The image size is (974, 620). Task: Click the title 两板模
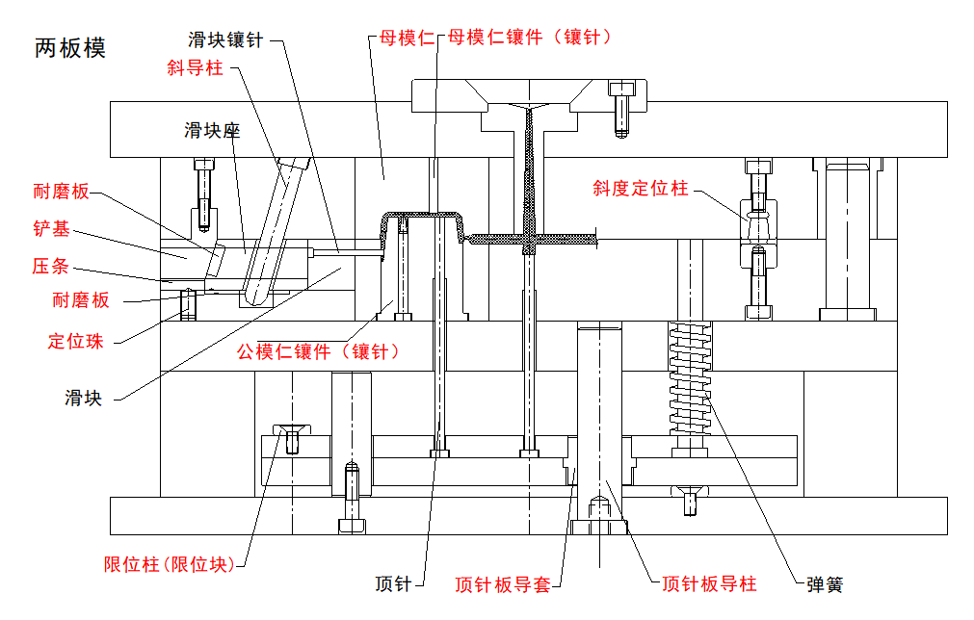click(70, 48)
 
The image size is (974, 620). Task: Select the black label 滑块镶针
click(225, 39)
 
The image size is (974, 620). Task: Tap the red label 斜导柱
click(194, 68)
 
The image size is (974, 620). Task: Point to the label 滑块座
click(211, 130)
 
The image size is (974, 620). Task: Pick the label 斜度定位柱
click(641, 189)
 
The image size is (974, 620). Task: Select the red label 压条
click(50, 266)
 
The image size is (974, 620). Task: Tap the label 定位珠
click(75, 340)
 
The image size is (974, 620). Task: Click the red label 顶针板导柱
click(709, 583)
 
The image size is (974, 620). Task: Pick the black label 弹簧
click(826, 583)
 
